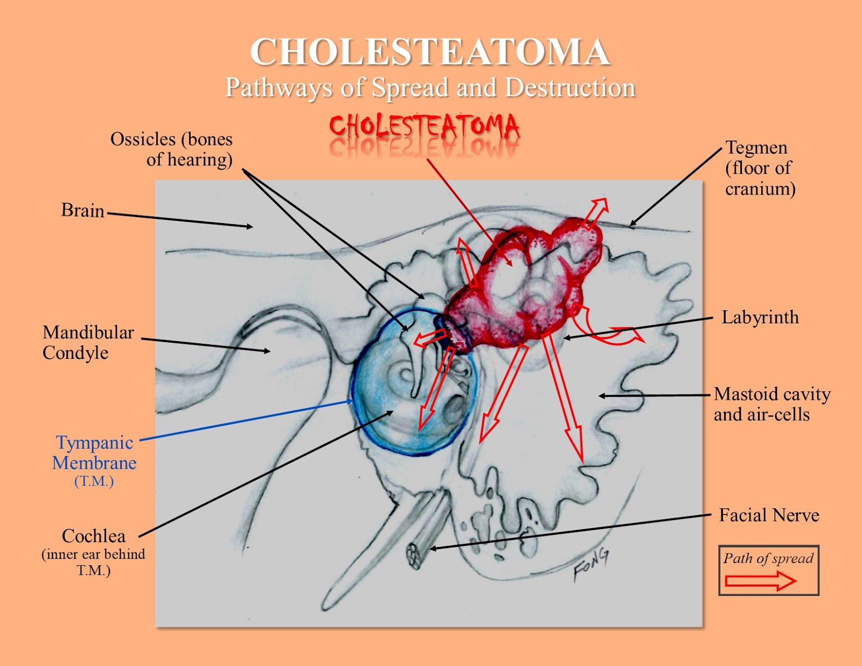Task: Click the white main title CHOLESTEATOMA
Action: point(430,52)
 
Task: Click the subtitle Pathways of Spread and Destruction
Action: point(430,88)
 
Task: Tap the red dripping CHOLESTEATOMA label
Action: point(425,128)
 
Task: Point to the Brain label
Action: point(82,210)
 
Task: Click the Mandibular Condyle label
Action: point(88,342)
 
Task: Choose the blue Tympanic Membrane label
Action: point(95,453)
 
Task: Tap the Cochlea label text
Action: point(94,536)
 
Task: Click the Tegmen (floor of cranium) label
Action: point(760,168)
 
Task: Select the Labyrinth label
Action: point(760,317)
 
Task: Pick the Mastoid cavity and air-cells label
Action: point(771,404)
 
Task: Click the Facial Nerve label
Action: point(769,516)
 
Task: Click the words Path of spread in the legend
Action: point(768,558)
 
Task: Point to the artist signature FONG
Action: point(591,564)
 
